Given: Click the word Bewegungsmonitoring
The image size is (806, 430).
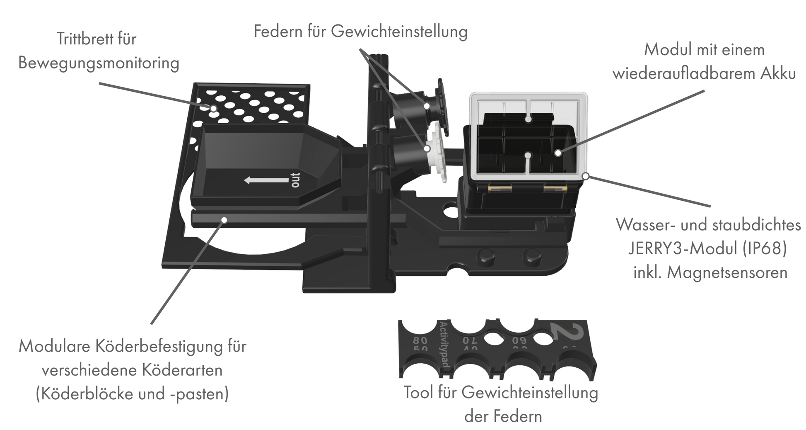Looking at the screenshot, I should coord(99,63).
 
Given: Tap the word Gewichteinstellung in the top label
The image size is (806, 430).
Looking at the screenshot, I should coord(399,32).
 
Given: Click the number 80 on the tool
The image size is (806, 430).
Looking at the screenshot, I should coord(420,341).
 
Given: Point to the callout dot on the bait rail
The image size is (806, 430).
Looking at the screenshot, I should coord(224,219).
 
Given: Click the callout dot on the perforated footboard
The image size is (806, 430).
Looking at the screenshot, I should coord(214,109).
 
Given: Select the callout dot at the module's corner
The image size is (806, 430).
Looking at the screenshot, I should coord(586,176).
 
